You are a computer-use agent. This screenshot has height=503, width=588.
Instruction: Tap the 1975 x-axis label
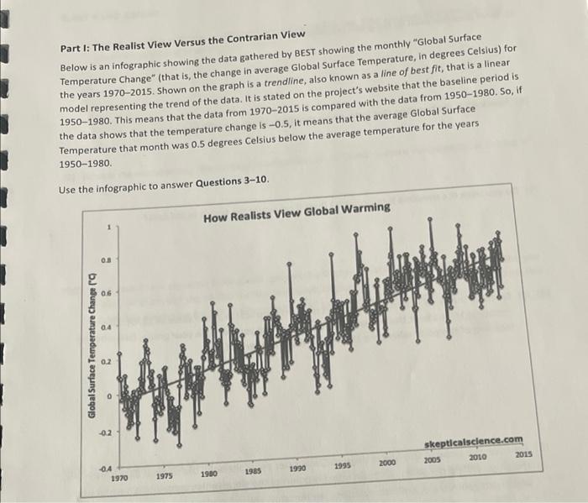164,476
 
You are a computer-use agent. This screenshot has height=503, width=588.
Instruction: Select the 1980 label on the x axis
209,474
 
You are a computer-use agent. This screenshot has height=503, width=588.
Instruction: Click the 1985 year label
254,472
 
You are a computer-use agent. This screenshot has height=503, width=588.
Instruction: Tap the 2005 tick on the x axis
433,460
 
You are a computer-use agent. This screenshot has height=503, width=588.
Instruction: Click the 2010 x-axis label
478,458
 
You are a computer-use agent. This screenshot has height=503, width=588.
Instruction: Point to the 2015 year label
523,454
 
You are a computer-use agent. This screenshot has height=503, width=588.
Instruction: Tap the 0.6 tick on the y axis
106,295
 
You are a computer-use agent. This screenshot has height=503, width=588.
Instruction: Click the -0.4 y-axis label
105,467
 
